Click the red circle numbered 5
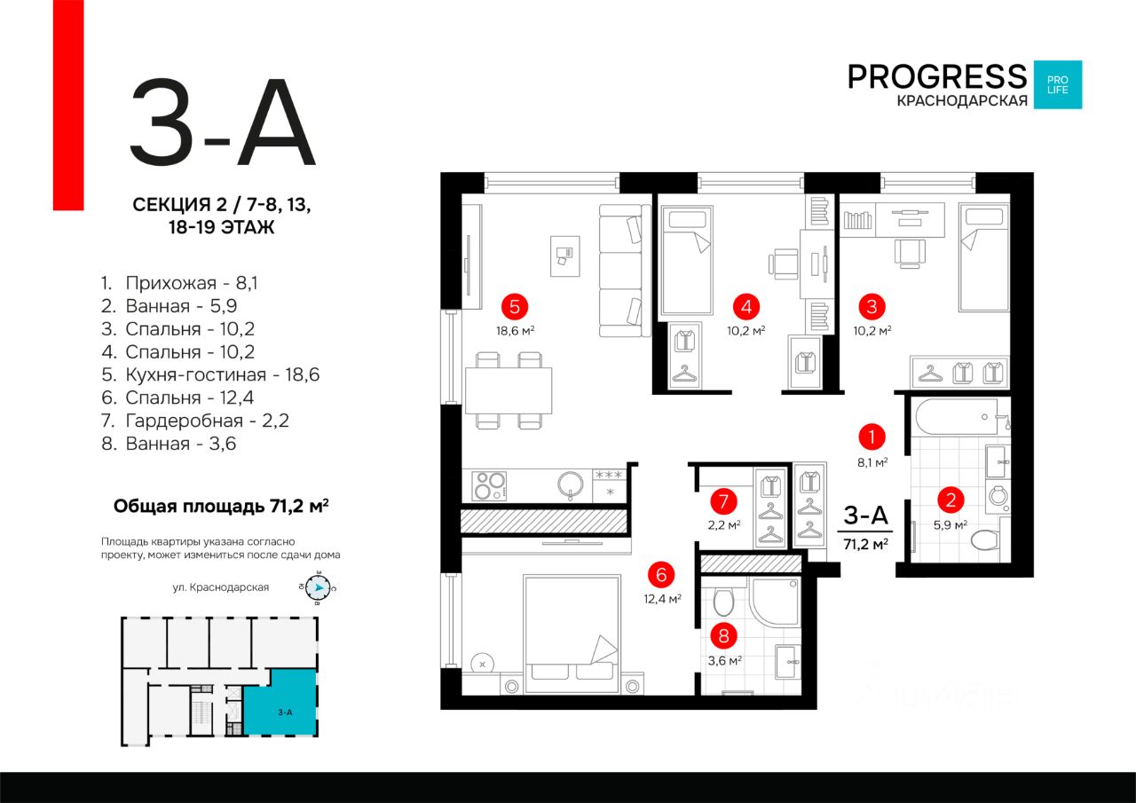point(514,307)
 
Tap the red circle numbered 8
point(724,635)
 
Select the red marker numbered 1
point(872,437)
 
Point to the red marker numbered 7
point(724,501)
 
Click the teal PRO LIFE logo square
point(1058,85)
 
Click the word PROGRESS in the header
point(936,77)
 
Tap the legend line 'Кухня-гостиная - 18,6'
point(222,374)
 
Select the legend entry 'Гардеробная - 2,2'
point(207,421)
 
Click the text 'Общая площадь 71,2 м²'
point(221,507)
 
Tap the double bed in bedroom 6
point(571,633)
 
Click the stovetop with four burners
point(488,484)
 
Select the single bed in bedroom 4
point(686,261)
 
